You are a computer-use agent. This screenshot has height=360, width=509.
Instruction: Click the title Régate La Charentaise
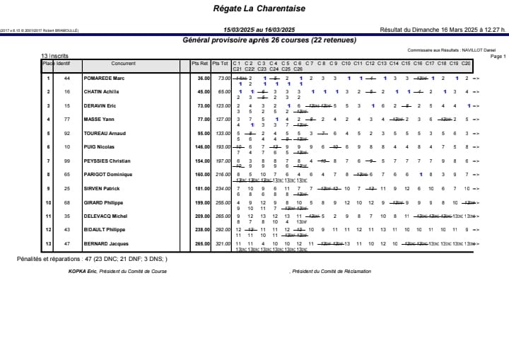[x=254, y=8]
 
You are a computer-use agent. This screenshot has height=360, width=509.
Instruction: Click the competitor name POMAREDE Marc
[x=104, y=79]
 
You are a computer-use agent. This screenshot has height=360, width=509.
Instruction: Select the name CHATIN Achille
[x=102, y=92]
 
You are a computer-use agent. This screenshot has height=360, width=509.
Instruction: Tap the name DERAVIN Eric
[x=100, y=106]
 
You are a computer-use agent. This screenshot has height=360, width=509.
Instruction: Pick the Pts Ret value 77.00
[x=203, y=120]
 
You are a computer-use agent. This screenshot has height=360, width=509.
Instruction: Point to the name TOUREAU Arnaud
[x=104, y=133]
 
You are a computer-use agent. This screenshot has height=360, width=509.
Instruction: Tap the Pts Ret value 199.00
[x=203, y=202]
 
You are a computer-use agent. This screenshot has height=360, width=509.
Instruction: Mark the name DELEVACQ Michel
[x=105, y=216]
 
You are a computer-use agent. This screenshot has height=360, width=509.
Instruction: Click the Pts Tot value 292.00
[x=223, y=230]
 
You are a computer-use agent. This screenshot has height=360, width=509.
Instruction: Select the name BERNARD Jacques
[x=105, y=243]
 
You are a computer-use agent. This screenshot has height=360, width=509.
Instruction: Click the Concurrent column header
[x=123, y=64]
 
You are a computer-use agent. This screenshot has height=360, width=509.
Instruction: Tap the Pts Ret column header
[x=201, y=64]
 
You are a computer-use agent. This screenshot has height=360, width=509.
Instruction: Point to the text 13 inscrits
[x=54, y=55]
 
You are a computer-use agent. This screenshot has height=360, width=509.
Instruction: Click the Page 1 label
[x=498, y=56]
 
